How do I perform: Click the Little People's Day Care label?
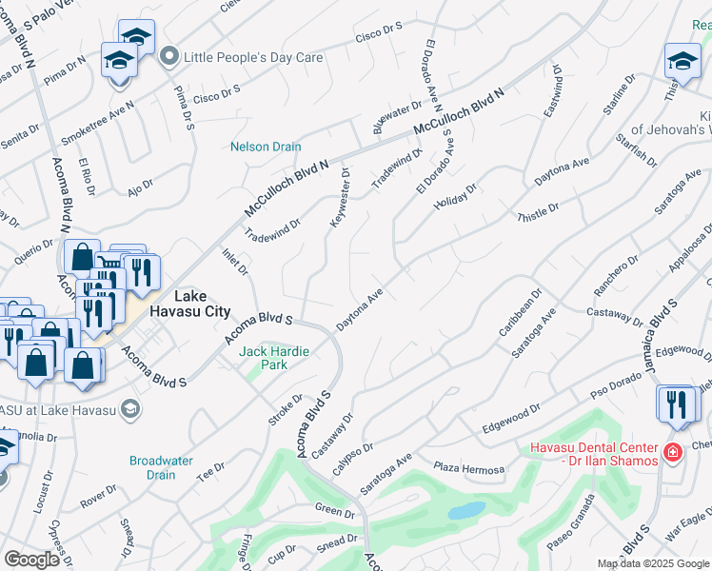point(253,57)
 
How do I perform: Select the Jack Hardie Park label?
point(274,358)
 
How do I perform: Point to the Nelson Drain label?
point(266,147)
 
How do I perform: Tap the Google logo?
point(32,560)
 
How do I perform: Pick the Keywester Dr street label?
point(340,198)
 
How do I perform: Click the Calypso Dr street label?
point(353,449)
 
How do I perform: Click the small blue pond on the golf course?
point(466,511)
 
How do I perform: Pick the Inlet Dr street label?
point(235,264)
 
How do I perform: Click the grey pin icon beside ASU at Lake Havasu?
point(130,409)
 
